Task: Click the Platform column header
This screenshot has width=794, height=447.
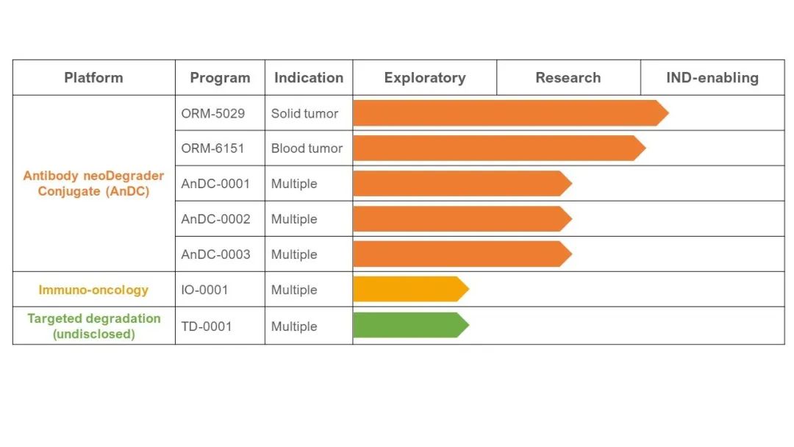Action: point(93,77)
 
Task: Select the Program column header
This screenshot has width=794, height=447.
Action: point(220,78)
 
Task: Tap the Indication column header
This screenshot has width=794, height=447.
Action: point(309,77)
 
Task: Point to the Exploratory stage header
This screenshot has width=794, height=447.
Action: point(425,78)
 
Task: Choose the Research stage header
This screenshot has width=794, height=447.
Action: point(568,77)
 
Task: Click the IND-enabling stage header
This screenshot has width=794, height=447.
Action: point(712,78)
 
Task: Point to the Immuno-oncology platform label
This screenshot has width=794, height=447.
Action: point(93,290)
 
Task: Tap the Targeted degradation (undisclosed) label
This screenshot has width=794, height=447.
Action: point(94,326)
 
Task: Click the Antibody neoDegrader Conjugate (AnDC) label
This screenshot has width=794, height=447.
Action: point(93,183)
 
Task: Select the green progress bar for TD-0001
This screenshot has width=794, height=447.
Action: point(411,325)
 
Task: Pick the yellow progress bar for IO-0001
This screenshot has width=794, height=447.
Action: point(411,289)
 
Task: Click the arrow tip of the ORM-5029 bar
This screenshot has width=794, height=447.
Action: point(668,113)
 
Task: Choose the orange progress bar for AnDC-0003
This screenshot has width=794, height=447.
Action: point(463,254)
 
